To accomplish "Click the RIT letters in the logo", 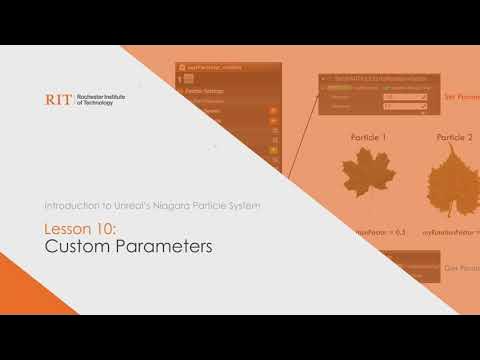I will [59, 100].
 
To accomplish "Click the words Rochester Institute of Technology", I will [100, 100].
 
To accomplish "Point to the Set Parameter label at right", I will [461, 98].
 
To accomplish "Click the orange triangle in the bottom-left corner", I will [20, 300].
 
